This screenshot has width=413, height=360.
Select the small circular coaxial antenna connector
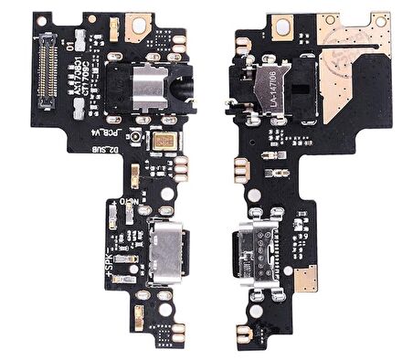(x=132, y=138)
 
